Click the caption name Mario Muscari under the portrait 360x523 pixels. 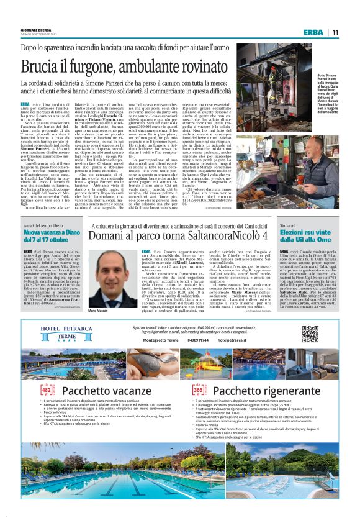(x=98, y=309)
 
